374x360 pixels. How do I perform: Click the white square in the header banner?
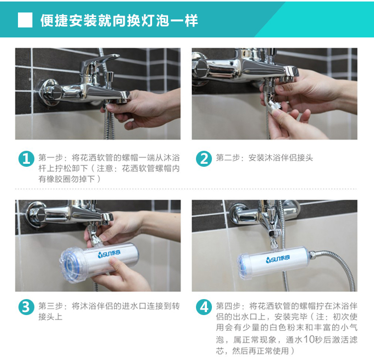(25, 20)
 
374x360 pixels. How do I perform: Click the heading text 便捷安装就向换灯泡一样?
(119, 20)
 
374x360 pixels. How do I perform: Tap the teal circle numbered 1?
(26, 159)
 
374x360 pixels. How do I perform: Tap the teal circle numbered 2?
(204, 159)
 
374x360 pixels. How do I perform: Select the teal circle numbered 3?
(26, 307)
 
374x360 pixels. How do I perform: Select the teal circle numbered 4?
(204, 307)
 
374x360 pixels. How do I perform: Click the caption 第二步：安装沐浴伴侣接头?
(264, 158)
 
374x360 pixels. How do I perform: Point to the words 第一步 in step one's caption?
(50, 158)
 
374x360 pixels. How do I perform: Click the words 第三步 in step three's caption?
(50, 306)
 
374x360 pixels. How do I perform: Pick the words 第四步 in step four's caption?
(228, 306)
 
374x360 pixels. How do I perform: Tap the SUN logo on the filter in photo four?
(278, 259)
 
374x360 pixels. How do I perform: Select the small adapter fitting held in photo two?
(272, 105)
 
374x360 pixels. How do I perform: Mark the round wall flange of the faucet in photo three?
(36, 214)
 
